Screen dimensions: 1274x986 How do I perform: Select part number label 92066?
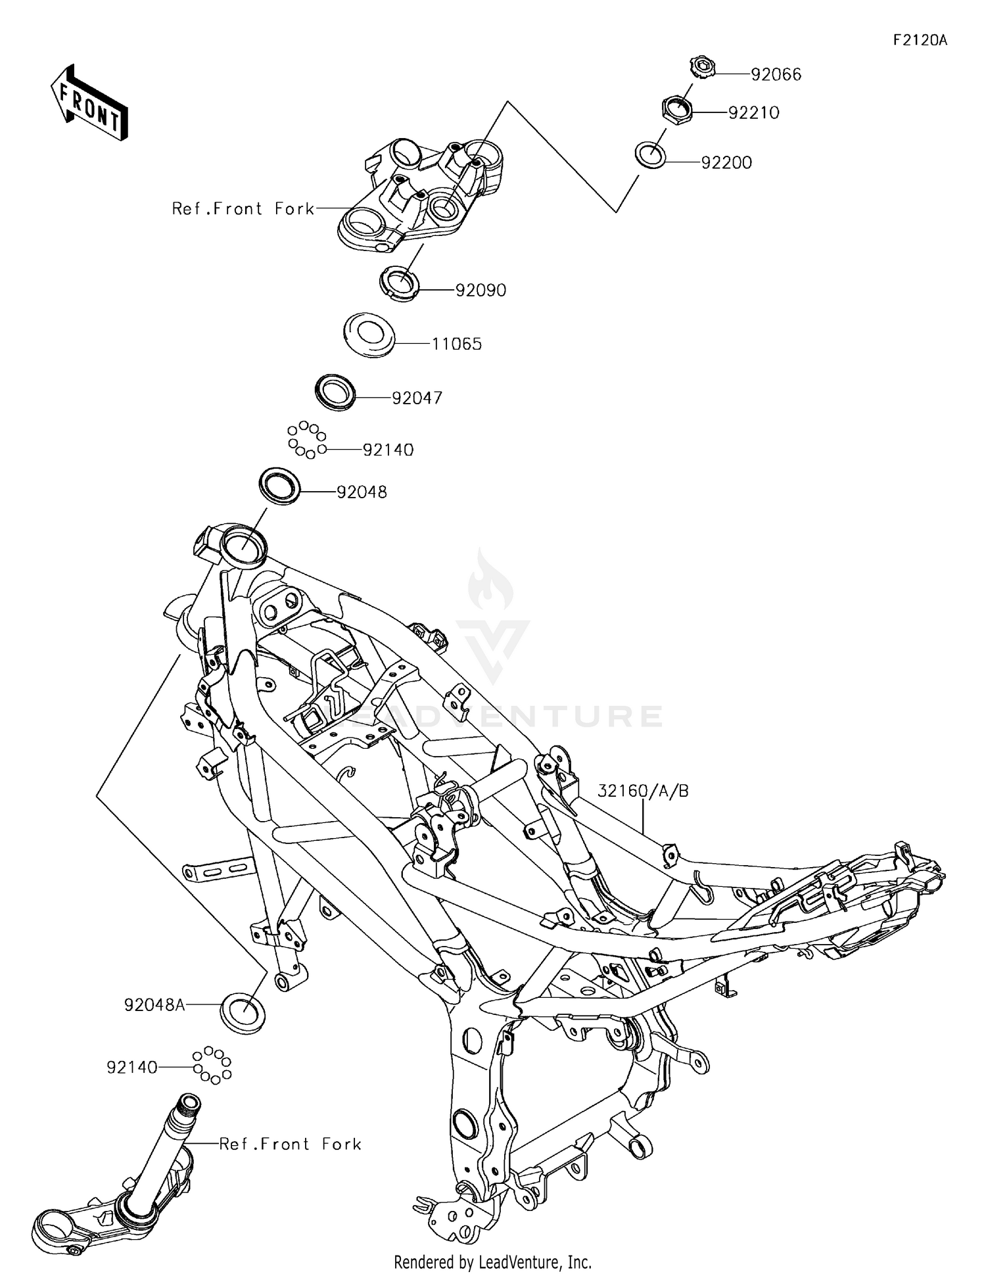pos(776,74)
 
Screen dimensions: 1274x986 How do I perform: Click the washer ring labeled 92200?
pos(650,154)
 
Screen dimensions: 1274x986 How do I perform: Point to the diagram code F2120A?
pos(920,40)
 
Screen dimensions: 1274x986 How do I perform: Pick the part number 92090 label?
pos(481,290)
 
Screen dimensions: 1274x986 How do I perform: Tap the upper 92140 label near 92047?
pos(388,450)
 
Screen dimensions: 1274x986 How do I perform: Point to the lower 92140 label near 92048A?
pos(132,1068)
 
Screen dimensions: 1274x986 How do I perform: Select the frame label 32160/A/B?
pos(643,791)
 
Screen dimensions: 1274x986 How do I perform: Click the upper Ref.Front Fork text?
pos(243,209)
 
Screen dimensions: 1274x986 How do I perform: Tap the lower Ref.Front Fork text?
pos(290,1144)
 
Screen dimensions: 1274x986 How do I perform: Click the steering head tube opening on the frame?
pos(243,544)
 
